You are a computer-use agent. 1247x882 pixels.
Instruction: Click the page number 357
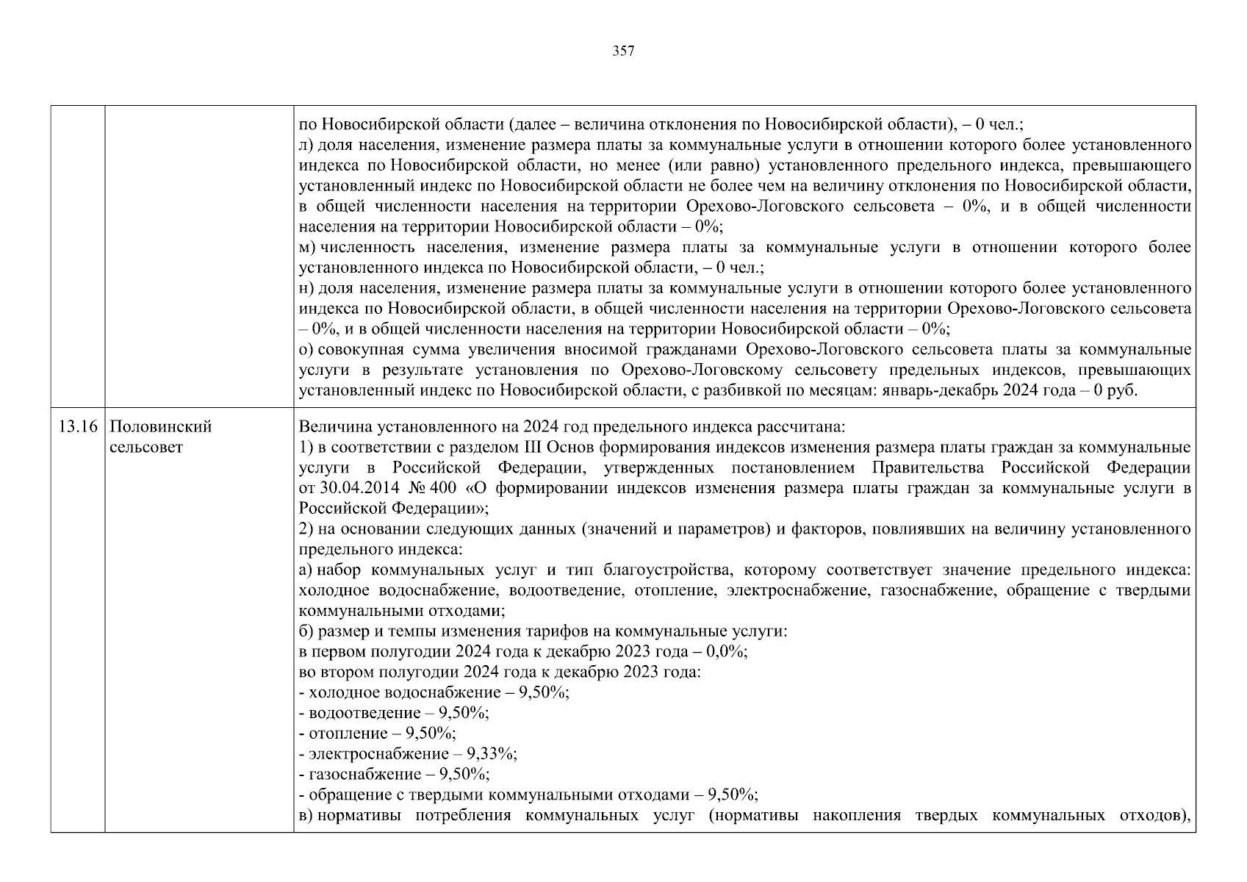[623, 51]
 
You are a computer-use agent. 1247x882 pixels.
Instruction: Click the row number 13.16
[78, 427]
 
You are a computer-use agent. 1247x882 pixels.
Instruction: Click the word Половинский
[160, 427]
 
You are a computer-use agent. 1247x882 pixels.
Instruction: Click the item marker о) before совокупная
[307, 349]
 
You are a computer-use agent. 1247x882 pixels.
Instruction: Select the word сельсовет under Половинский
[145, 447]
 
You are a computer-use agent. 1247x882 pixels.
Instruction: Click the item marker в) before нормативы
[307, 815]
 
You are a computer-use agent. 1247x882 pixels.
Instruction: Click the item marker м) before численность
[308, 248]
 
